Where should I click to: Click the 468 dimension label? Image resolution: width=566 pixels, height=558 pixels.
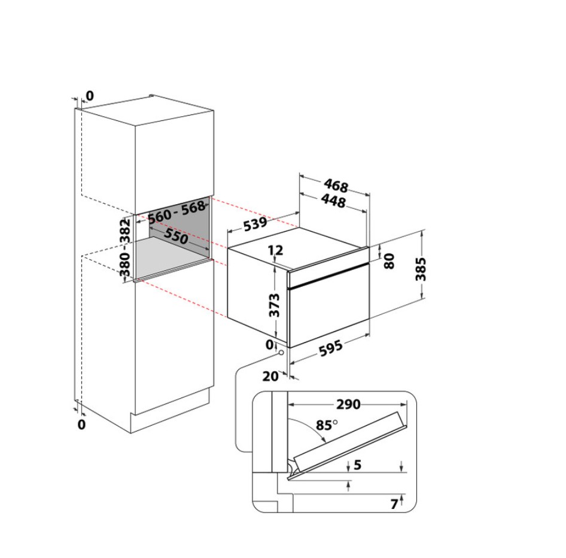(x=336, y=185)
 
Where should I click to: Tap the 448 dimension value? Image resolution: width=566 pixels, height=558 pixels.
(x=333, y=201)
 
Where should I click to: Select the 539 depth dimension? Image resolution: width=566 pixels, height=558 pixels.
(x=255, y=225)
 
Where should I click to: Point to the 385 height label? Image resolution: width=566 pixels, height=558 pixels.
(x=421, y=269)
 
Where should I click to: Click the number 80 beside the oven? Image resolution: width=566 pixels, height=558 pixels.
(x=389, y=261)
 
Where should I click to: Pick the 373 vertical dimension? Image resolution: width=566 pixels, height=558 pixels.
(x=275, y=305)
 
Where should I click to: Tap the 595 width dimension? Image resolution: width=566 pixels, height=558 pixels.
(x=331, y=348)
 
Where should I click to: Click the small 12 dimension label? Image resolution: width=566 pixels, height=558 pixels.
(x=276, y=250)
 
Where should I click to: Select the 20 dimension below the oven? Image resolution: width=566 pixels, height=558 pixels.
(x=270, y=377)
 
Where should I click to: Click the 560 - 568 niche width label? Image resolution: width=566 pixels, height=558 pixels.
(x=177, y=213)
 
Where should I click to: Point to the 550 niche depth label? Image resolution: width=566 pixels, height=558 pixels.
(x=176, y=236)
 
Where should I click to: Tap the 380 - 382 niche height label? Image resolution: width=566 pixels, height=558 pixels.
(x=125, y=247)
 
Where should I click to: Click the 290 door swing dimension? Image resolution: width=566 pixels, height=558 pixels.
(x=348, y=404)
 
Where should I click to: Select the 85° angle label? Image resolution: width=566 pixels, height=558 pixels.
(x=327, y=425)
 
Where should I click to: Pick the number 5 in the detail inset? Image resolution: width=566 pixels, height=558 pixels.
(x=357, y=465)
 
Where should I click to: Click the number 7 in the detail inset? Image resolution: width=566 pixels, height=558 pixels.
(x=394, y=504)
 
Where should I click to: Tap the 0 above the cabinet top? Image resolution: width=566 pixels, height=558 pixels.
(x=90, y=96)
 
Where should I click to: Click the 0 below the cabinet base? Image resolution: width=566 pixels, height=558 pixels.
(x=81, y=424)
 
